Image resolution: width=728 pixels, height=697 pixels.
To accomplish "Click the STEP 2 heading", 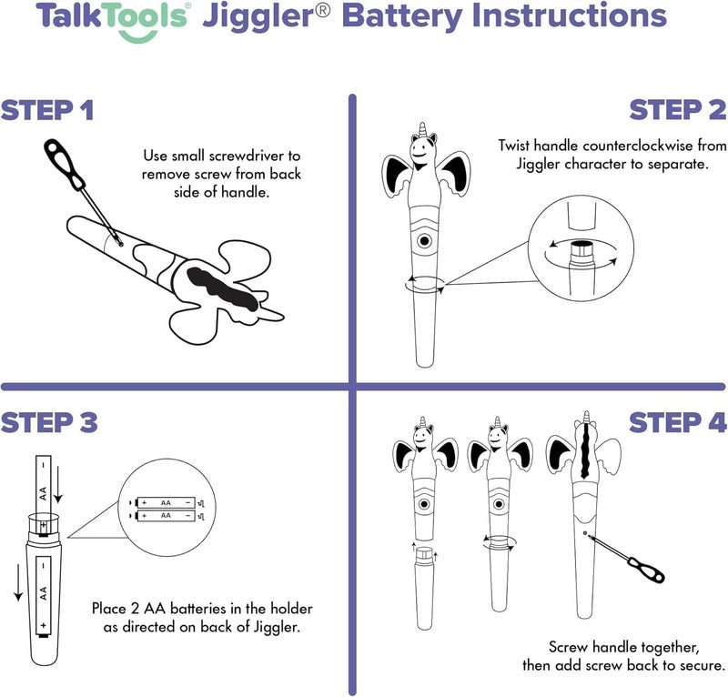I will pos(678,111).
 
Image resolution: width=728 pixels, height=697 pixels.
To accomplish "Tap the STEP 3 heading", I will pos(49,422).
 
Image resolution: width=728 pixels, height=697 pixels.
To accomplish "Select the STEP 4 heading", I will pos(678,422).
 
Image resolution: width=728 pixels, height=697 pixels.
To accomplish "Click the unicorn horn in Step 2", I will pos(420,132).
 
